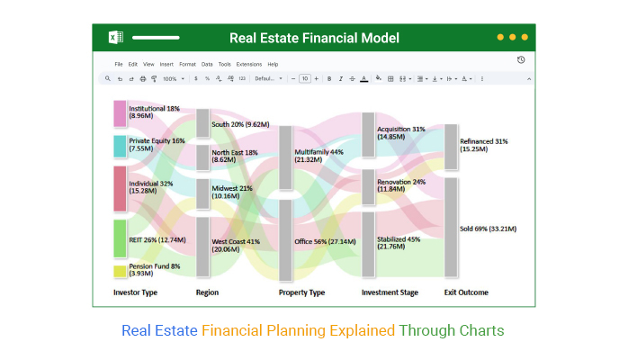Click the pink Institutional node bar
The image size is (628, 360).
[x=121, y=113]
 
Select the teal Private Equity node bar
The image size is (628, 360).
[x=121, y=146]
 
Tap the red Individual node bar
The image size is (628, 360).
[x=121, y=188]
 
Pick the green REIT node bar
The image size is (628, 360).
[x=121, y=238]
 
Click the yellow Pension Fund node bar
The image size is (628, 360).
[x=121, y=271]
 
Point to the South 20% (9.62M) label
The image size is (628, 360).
[x=239, y=124]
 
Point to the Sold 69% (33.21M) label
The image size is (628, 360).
[x=488, y=229]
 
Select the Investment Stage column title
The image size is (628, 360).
[x=390, y=292]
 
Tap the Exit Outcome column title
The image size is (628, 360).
[x=466, y=292]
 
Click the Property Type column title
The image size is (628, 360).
[x=301, y=292]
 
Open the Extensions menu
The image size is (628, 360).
[x=248, y=65]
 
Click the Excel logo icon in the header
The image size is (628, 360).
[x=115, y=38]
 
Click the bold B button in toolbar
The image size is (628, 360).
[x=329, y=79]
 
